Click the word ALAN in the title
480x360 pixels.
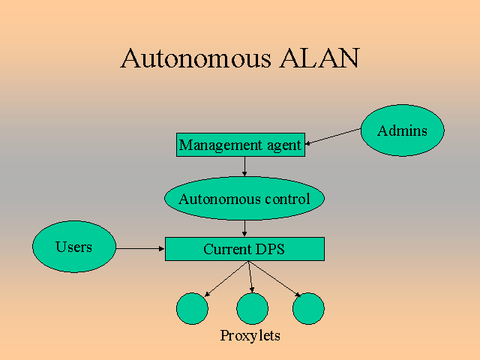[319, 58]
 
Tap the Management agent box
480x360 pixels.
[241, 145]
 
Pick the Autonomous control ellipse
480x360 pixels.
[244, 199]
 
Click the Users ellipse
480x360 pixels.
[74, 247]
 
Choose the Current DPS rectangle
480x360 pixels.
[244, 249]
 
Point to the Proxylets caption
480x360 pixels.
[250, 335]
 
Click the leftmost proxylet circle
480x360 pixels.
[192, 308]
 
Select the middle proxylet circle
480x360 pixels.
[252, 308]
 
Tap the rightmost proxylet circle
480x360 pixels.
[308, 308]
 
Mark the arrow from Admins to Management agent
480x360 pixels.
[334, 136]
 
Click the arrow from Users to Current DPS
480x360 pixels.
[140, 248]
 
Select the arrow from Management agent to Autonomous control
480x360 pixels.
[244, 166]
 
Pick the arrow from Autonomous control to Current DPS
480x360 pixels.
[244, 228]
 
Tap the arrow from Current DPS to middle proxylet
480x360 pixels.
[249, 276]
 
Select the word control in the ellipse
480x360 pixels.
[288, 199]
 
